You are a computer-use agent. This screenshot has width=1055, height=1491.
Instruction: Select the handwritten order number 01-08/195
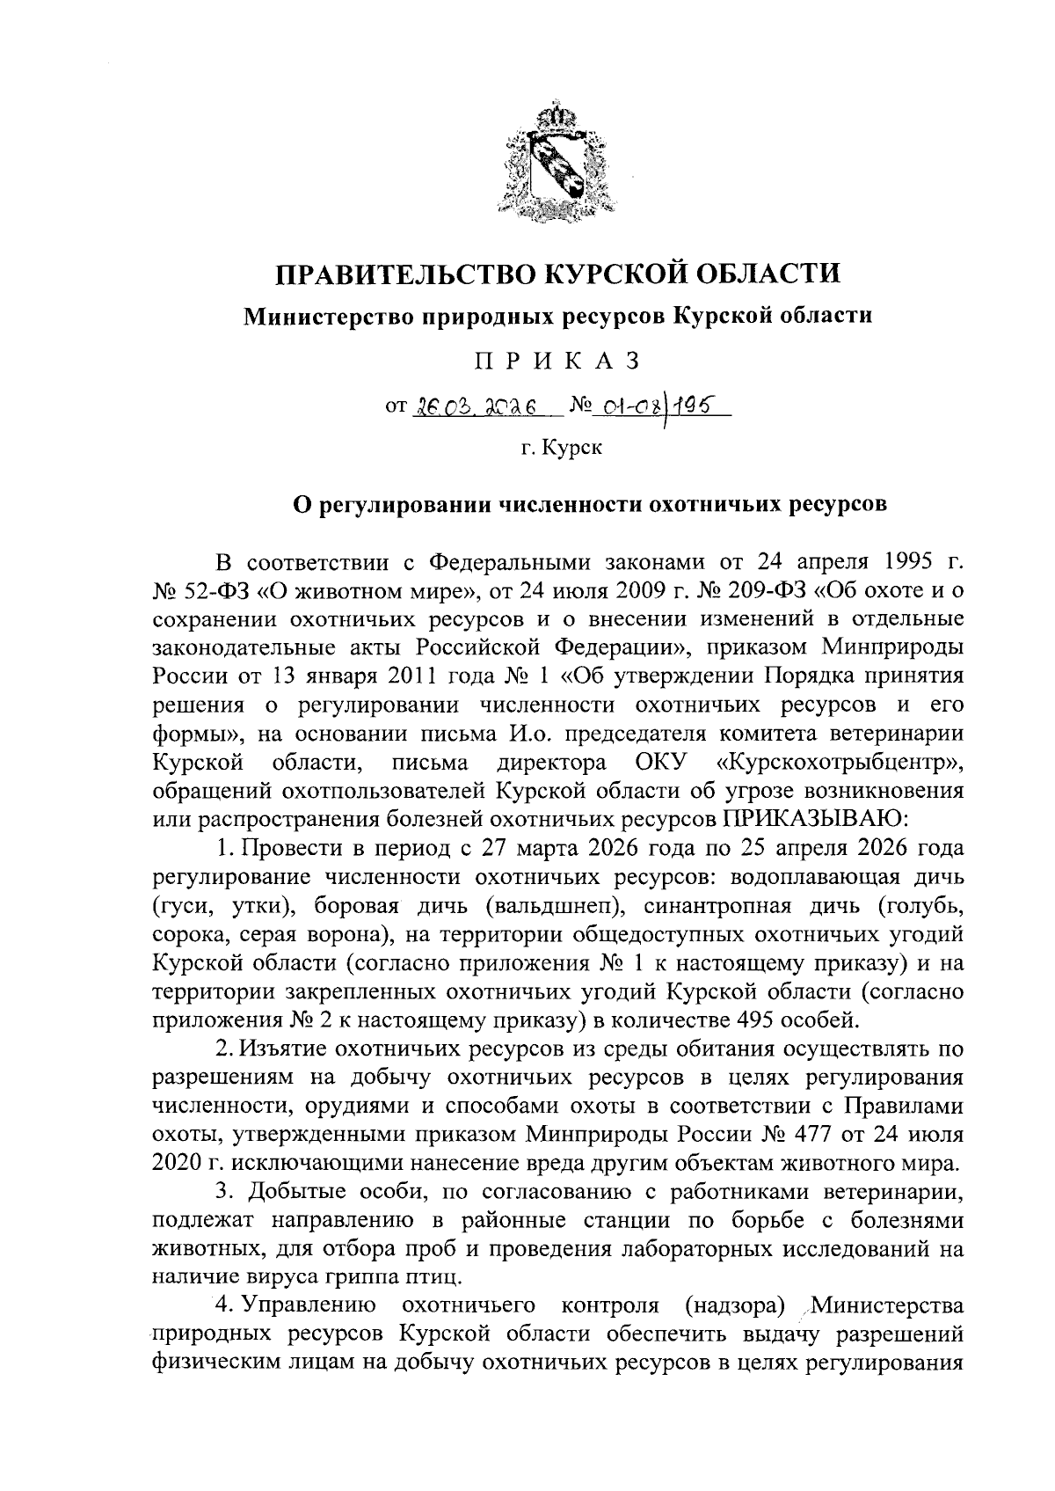pyautogui.click(x=651, y=406)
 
